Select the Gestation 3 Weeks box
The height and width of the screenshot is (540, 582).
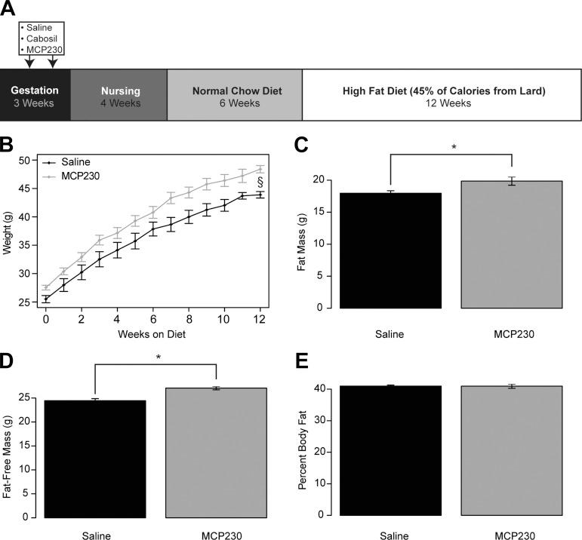(35, 96)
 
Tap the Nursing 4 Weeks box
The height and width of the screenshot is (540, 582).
(119, 96)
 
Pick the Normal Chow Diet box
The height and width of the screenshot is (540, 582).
(235, 96)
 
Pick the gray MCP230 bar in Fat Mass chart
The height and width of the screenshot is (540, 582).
(512, 244)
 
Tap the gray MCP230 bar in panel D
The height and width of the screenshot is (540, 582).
(217, 453)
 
